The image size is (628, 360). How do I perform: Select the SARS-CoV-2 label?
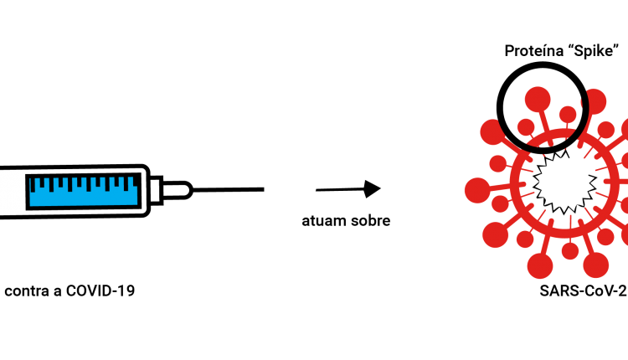583,291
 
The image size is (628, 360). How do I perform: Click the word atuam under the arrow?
323,221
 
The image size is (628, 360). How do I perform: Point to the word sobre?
370,221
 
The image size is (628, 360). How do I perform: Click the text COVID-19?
100,291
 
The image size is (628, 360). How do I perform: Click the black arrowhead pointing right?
373,189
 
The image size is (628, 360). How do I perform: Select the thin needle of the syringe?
229,189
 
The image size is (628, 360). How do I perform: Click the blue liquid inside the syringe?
83,193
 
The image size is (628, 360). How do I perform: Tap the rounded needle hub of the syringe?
177,190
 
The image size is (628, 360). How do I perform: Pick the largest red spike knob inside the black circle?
538,99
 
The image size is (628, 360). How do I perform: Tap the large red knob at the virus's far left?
477,190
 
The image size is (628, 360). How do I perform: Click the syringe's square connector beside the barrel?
157,190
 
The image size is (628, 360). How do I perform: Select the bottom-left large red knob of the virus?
496,234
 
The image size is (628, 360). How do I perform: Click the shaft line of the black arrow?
341,190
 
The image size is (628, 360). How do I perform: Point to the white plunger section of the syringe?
12,191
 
